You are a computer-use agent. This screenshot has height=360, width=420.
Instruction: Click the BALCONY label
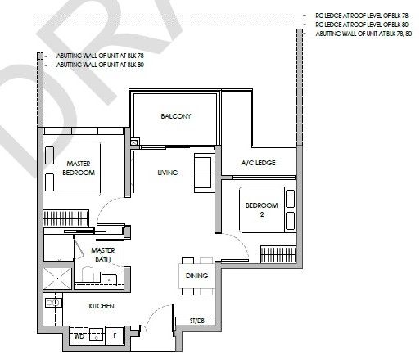[x=176, y=116]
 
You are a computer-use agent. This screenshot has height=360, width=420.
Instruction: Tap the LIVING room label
[x=168, y=173]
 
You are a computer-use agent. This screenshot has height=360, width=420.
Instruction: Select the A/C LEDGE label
[x=258, y=163]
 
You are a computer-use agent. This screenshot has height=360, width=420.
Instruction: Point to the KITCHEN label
[x=102, y=306]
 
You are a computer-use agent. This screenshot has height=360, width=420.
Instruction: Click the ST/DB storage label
[x=196, y=321]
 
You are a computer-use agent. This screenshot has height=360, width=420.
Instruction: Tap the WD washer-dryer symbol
[x=79, y=336]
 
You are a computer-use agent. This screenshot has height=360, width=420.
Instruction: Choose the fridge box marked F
[x=115, y=335]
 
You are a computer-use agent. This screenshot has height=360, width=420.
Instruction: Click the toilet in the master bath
[x=88, y=274]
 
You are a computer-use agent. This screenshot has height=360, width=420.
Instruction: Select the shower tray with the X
[x=57, y=278]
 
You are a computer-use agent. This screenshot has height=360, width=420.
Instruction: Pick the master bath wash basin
[x=109, y=280]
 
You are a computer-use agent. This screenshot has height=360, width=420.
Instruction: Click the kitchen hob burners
[x=53, y=303]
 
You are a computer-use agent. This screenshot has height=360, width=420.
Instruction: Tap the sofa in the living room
[x=202, y=173]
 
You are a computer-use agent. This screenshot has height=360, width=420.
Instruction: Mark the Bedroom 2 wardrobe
[x=278, y=254]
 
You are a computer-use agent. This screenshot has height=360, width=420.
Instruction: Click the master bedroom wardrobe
[x=66, y=218]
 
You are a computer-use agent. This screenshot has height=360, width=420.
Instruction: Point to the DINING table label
[x=196, y=276]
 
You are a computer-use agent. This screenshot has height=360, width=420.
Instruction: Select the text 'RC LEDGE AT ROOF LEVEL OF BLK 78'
[x=362, y=16]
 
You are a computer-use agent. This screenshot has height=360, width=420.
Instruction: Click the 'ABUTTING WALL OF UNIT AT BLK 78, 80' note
[x=364, y=34]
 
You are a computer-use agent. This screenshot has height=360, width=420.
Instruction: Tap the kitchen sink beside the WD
[x=97, y=335]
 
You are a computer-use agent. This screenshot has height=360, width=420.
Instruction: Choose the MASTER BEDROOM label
[x=79, y=168]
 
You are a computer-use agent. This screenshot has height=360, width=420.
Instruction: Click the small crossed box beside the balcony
[x=134, y=142]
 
